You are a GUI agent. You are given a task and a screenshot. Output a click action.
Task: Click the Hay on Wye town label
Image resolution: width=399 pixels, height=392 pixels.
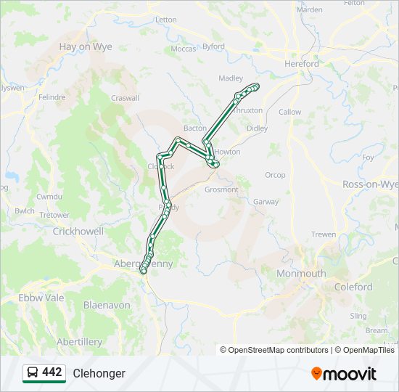click(x=85, y=46)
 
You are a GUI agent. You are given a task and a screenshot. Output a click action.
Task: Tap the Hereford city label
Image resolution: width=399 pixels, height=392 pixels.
click(x=301, y=64)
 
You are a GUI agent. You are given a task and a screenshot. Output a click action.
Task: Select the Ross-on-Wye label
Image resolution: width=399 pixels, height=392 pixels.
click(x=370, y=184)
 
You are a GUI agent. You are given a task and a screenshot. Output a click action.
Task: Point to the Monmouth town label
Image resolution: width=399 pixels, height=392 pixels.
click(x=301, y=274)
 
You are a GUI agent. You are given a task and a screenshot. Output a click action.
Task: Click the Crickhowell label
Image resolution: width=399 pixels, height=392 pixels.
click(x=78, y=232)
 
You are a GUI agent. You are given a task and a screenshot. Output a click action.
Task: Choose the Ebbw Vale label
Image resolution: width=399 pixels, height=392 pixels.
click(x=41, y=298)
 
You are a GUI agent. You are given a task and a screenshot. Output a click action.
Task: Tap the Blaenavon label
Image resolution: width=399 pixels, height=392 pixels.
click(x=107, y=306)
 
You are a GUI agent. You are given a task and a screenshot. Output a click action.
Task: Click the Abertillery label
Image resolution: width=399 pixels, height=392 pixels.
click(x=79, y=342)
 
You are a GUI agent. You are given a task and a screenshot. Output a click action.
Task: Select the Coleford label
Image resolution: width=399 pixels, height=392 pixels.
click(x=353, y=287)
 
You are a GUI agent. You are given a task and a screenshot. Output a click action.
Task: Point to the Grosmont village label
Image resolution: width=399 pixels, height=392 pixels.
click(x=221, y=189)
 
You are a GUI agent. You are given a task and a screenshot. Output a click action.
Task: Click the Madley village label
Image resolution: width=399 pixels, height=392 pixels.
click(x=231, y=78)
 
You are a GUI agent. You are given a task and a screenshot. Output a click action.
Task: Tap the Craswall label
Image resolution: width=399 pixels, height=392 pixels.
click(x=125, y=98)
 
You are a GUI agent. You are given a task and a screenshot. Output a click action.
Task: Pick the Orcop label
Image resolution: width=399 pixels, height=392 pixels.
click(x=275, y=175)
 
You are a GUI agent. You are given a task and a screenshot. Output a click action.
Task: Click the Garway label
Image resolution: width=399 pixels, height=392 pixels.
click(x=266, y=202)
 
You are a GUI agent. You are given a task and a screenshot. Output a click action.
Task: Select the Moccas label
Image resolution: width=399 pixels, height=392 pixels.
click(x=184, y=49)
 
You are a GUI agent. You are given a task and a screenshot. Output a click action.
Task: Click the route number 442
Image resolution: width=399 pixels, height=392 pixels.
click(x=52, y=372)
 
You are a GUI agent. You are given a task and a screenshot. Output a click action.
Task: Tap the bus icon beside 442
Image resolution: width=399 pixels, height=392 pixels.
click(x=33, y=373)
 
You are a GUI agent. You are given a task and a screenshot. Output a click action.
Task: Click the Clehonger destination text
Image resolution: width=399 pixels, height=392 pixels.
click(x=99, y=373)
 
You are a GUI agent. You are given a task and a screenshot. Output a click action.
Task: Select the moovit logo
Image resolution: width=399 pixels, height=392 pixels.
click(x=344, y=374)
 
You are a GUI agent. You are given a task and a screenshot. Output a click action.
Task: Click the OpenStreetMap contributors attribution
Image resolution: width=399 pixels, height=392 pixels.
click(x=279, y=350)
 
